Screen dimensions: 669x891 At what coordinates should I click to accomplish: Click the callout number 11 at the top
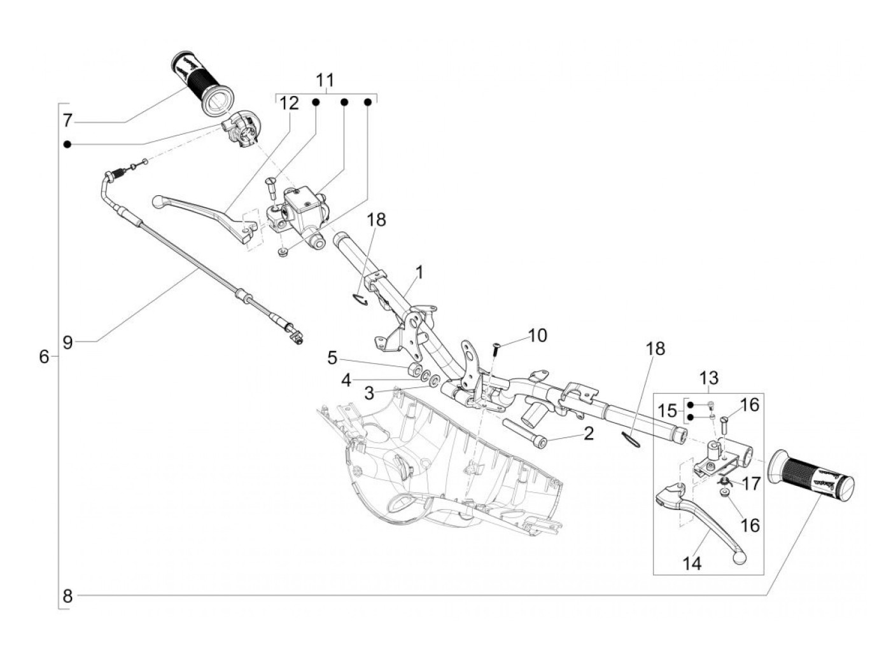[x=325, y=80]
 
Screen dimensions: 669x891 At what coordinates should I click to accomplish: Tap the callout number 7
[x=67, y=120]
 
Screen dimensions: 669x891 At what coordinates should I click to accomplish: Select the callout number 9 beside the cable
[x=67, y=342]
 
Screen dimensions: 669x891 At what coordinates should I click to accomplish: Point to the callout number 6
[x=43, y=357]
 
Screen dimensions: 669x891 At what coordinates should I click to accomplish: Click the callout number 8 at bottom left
[x=67, y=597]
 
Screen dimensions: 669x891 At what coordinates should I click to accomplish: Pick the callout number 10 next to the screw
[x=537, y=335]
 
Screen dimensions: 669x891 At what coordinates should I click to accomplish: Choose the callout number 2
[x=588, y=434]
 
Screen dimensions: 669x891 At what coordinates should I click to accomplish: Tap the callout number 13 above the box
[x=708, y=378]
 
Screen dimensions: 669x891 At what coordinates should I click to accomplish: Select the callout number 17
[x=751, y=484]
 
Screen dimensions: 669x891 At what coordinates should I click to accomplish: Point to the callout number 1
[x=419, y=273]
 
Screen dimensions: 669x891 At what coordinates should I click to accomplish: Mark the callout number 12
[x=290, y=103]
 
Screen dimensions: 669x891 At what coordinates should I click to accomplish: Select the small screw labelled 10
[x=495, y=347]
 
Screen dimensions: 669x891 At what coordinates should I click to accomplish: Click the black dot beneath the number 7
[x=67, y=145]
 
